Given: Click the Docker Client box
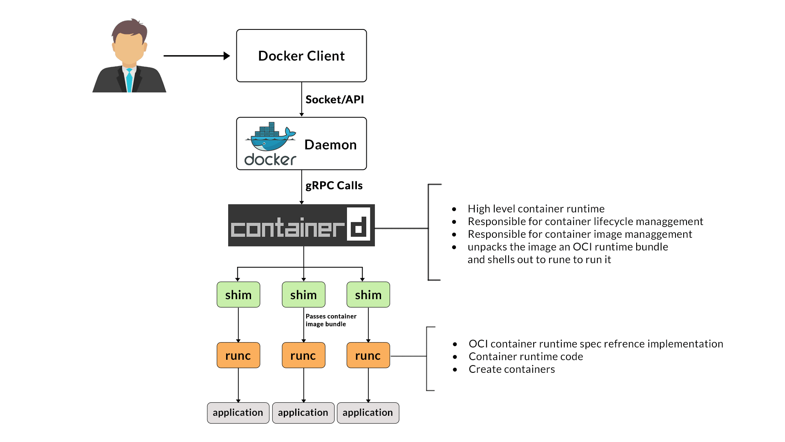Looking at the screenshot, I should tap(301, 56).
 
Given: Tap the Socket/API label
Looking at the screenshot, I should tap(334, 99).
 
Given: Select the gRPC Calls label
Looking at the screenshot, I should tap(334, 185).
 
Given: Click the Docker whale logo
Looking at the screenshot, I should tap(270, 138).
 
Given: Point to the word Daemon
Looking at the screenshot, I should tap(330, 144).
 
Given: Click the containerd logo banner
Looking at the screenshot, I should tap(301, 226).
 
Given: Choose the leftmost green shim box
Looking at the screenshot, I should tap(238, 295).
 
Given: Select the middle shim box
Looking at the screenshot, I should tap(303, 295).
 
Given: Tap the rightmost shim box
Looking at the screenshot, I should tap(368, 295).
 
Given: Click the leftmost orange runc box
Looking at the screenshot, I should tap(238, 355).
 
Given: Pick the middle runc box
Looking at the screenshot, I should tap(303, 355).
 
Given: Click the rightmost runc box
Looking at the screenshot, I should tap(368, 355).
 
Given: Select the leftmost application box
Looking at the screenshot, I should tap(238, 413).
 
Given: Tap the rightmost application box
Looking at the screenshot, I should tap(368, 413).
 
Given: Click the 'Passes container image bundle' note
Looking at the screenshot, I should tap(330, 320).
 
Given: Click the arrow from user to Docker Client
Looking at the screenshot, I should tap(196, 56).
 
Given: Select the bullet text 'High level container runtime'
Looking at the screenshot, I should tap(536, 209).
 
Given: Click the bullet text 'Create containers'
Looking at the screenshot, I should tap(511, 369).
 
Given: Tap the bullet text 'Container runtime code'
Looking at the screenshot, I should tap(525, 356).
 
